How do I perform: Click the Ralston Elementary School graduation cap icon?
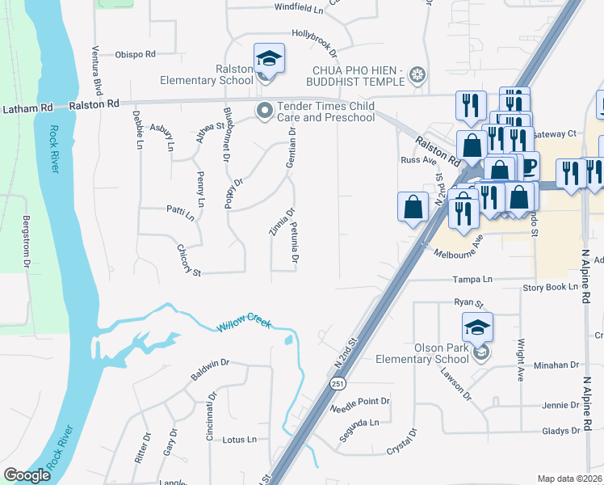[x=269, y=59]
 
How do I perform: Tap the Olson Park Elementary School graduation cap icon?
[x=477, y=328]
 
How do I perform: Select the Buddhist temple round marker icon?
[x=417, y=76]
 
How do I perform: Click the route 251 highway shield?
[x=333, y=385]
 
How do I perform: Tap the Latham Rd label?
[x=27, y=108]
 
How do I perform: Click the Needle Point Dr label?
[x=360, y=401]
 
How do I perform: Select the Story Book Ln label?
[x=551, y=287]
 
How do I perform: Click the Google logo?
[x=27, y=476]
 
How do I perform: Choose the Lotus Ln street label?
[x=239, y=440]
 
